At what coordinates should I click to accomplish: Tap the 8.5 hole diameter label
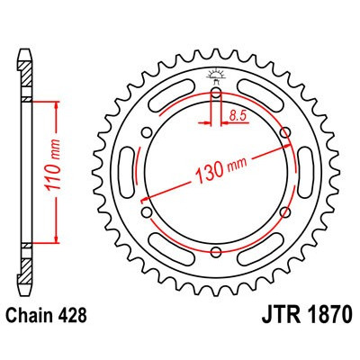point(238,115)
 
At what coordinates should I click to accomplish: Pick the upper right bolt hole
point(287,134)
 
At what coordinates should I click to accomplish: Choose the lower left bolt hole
point(145,214)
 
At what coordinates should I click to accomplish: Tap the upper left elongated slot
point(170,96)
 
